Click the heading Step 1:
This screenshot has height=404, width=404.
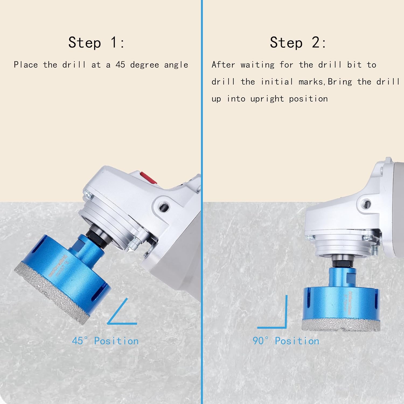[x=96, y=43]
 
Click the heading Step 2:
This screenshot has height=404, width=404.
[x=298, y=43]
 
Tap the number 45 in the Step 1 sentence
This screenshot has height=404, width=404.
[x=120, y=65]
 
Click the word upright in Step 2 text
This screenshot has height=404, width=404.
[x=267, y=99]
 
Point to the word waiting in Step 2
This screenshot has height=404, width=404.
[x=257, y=65]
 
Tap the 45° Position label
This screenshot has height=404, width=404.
[x=105, y=341]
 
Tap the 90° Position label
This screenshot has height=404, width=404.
[x=286, y=341]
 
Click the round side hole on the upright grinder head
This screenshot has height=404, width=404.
[x=367, y=203]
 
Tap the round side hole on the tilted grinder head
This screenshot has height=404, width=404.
[x=164, y=207]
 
